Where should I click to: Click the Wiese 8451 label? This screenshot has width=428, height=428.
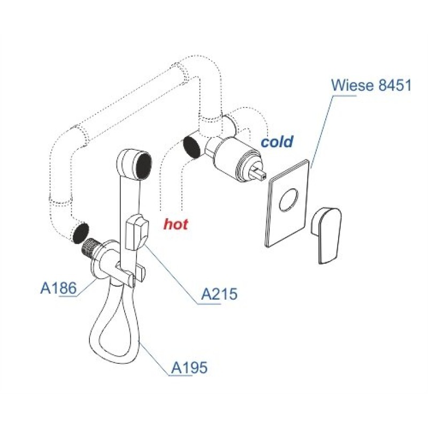[x=371, y=85]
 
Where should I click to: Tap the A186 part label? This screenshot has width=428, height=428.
[x=58, y=288]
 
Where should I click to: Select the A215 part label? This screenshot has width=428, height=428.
[x=219, y=294]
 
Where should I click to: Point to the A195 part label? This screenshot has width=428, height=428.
[x=189, y=368]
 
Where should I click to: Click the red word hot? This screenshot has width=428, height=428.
[x=176, y=224]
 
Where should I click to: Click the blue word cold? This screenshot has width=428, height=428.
[x=277, y=142]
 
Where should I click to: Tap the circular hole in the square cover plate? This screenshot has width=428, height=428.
[x=289, y=200]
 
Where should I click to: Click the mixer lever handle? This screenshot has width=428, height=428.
[x=326, y=235]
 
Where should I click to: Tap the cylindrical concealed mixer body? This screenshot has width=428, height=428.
[x=235, y=159]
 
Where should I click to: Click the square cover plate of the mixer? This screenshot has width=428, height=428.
[x=288, y=203]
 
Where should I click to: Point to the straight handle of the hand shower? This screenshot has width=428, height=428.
[x=129, y=218]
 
